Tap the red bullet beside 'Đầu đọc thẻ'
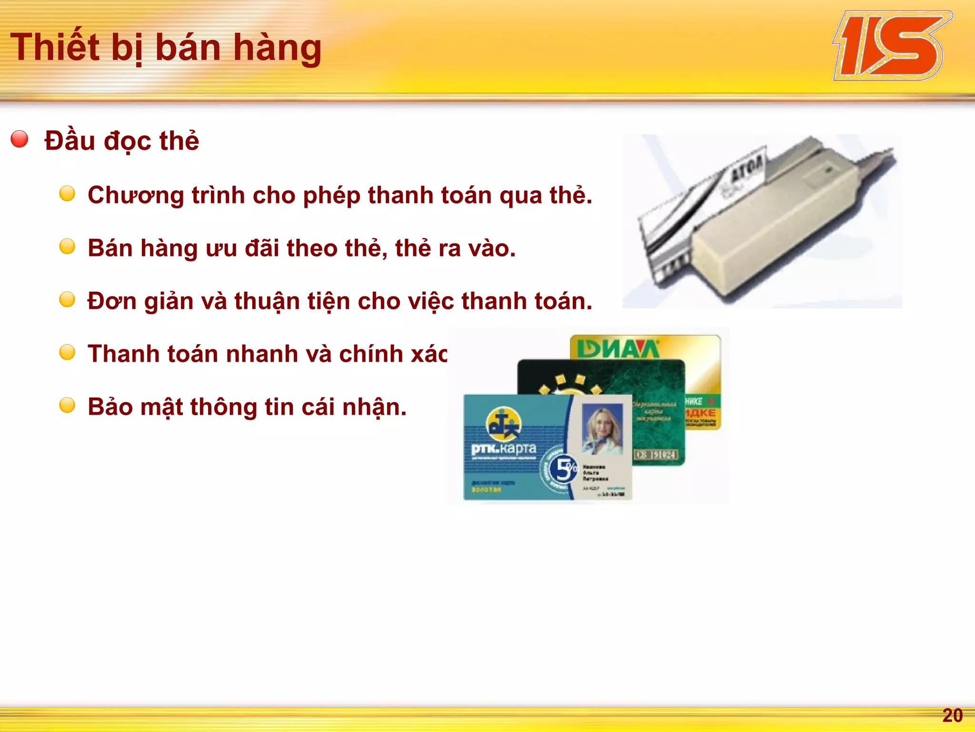(x=20, y=139)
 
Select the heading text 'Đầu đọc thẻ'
(x=122, y=141)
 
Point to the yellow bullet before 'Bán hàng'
(x=67, y=247)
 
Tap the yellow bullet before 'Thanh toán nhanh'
(x=67, y=353)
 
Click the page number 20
(x=952, y=715)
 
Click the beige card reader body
(x=781, y=229)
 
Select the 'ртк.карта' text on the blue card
(x=504, y=448)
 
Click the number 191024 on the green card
(x=657, y=455)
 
